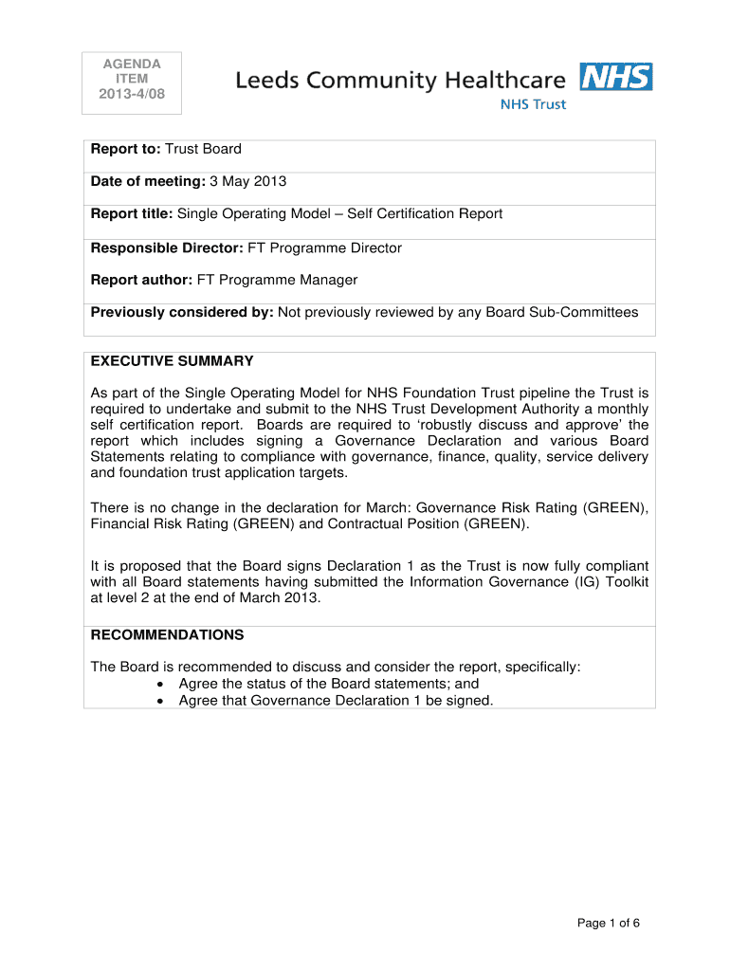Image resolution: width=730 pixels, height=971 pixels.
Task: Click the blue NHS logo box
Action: (x=616, y=77)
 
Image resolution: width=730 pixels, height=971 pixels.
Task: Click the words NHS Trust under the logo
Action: (x=533, y=104)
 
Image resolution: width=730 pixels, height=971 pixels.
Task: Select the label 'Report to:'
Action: (x=126, y=149)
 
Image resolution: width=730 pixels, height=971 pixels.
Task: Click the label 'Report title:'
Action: (x=132, y=213)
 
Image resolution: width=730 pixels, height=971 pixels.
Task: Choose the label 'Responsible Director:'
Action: (x=167, y=248)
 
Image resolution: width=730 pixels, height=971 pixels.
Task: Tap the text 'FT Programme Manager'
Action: (x=277, y=280)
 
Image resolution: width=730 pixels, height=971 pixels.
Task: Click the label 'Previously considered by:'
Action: (x=182, y=312)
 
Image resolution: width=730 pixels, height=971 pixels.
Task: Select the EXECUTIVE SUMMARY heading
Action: (x=172, y=361)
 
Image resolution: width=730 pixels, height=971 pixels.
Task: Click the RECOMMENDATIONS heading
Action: (x=167, y=635)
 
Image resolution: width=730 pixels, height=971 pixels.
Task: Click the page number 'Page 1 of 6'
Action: (x=609, y=923)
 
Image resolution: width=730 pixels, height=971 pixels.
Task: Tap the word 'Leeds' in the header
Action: (x=267, y=82)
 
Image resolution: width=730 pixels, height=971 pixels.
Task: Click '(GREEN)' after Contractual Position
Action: (x=496, y=523)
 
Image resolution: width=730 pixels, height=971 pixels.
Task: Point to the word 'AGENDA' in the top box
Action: (x=132, y=64)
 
